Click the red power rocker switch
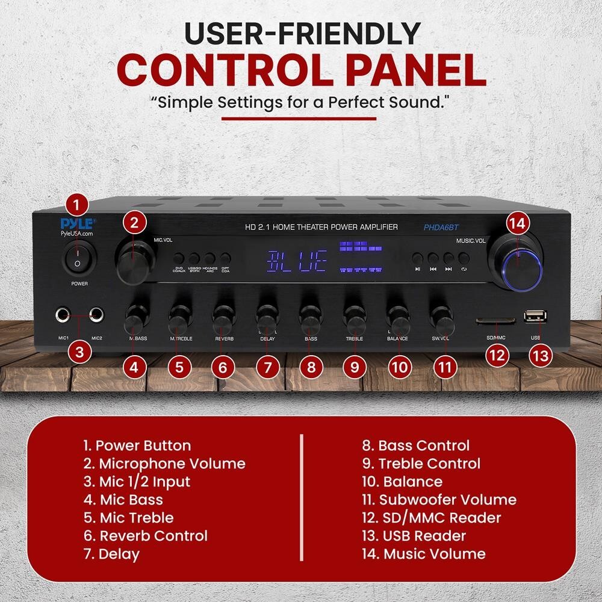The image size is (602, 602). click(x=76, y=257)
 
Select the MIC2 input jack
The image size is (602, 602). click(x=95, y=314)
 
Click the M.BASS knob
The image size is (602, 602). click(x=136, y=320)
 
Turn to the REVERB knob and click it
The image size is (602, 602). click(x=223, y=320)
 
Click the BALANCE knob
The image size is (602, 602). click(x=397, y=320)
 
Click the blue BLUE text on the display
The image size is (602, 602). click(x=297, y=261)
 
